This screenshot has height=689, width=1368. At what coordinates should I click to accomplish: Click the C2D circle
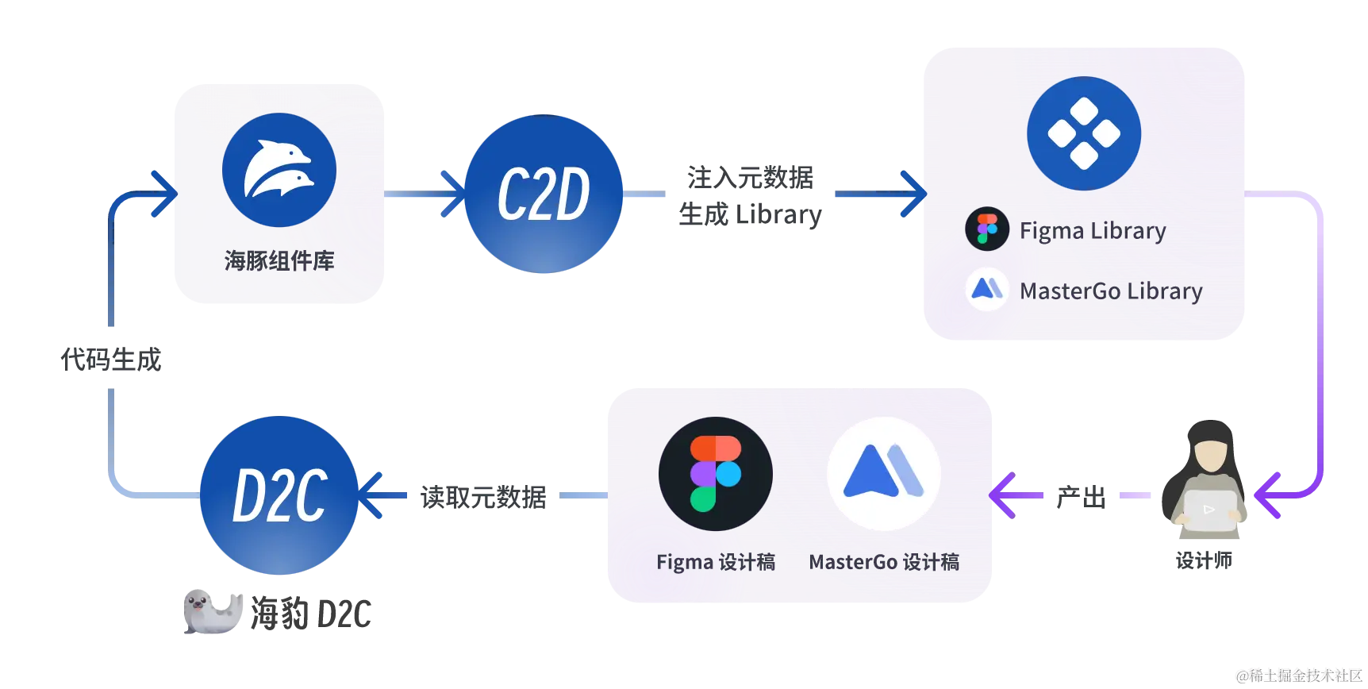tap(544, 194)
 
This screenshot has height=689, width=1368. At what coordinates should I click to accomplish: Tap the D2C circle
tap(279, 495)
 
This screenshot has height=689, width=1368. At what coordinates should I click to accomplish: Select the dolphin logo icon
tap(279, 170)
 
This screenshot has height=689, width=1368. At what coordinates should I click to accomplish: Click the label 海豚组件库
tap(279, 260)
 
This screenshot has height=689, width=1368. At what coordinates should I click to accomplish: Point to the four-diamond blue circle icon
tap(1084, 133)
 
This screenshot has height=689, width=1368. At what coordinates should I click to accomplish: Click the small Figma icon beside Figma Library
tap(987, 229)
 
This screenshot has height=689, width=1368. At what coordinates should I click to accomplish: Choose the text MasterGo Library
tap(1111, 291)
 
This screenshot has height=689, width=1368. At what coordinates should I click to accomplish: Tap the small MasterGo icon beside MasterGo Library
tap(987, 289)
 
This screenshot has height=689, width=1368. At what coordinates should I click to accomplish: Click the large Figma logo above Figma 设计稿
tap(716, 474)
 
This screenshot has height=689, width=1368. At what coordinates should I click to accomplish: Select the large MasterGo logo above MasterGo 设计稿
tap(884, 474)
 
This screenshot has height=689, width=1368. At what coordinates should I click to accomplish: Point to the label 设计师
tap(1204, 560)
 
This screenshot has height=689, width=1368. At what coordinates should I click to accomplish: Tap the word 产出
tap(1081, 497)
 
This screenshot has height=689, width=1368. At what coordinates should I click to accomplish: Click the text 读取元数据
tap(483, 497)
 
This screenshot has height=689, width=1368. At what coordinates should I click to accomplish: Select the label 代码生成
tap(111, 360)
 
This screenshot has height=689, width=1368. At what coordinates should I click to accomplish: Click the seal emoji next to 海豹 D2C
tap(213, 612)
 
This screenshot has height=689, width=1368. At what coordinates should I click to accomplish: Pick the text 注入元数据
tap(751, 178)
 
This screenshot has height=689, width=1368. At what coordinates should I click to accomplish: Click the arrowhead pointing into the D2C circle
tap(371, 495)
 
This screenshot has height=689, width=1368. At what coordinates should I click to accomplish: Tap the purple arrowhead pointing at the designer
tap(1267, 495)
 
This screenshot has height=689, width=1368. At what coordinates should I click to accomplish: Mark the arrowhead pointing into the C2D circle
tap(453, 194)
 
